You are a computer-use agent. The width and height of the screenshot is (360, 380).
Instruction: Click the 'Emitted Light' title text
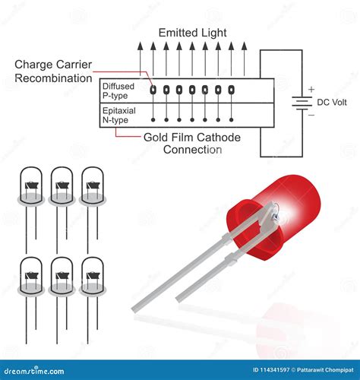192,33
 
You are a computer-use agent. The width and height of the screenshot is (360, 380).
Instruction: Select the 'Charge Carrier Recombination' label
52,71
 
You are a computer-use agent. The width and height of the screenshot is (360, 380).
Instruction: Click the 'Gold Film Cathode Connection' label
192,143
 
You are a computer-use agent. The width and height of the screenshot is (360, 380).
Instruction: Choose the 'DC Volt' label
333,103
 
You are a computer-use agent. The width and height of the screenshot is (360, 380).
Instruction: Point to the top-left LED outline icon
31,190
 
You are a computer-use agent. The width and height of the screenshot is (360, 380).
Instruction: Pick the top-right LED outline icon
93,190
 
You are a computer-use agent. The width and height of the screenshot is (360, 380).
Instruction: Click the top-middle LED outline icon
62,190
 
